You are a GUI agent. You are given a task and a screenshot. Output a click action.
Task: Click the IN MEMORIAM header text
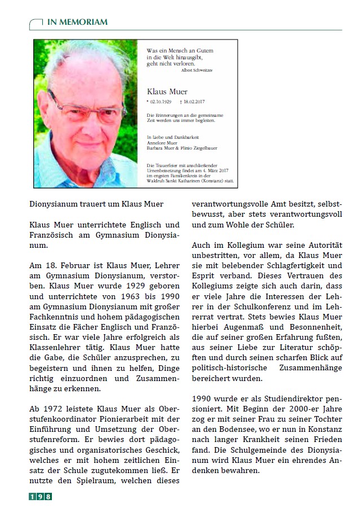(77, 21)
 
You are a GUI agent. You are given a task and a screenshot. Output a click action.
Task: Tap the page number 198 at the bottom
(40, 497)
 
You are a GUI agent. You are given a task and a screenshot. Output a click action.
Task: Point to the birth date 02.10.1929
(160, 102)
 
